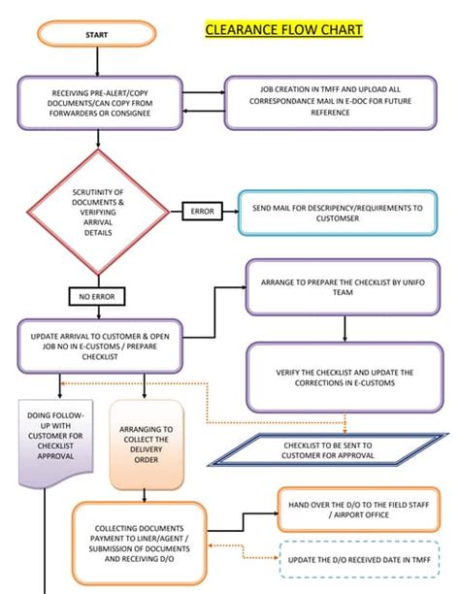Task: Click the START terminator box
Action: [95, 35]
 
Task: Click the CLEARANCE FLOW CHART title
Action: [283, 30]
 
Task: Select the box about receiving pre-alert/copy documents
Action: [100, 102]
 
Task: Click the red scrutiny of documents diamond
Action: [97, 212]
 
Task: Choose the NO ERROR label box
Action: [97, 295]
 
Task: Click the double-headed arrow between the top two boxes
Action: [203, 101]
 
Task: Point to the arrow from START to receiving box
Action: [97, 61]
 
